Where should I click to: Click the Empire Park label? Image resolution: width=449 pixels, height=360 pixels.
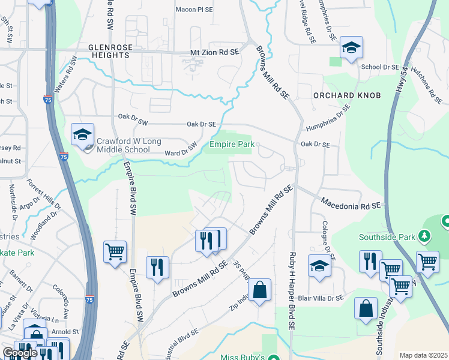click(x=232, y=144)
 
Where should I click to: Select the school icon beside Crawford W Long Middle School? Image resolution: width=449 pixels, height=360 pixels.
click(x=82, y=135)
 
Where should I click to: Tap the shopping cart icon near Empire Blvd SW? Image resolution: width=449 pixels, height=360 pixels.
click(x=114, y=251)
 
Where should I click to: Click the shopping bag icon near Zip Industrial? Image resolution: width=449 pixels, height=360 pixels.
click(x=259, y=290)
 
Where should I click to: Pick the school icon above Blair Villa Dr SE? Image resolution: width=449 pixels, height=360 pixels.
click(x=319, y=266)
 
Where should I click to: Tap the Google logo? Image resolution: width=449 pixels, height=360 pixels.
click(x=20, y=353)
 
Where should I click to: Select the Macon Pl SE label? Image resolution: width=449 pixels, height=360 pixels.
click(x=194, y=10)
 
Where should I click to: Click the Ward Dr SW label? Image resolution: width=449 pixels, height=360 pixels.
click(x=181, y=149)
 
